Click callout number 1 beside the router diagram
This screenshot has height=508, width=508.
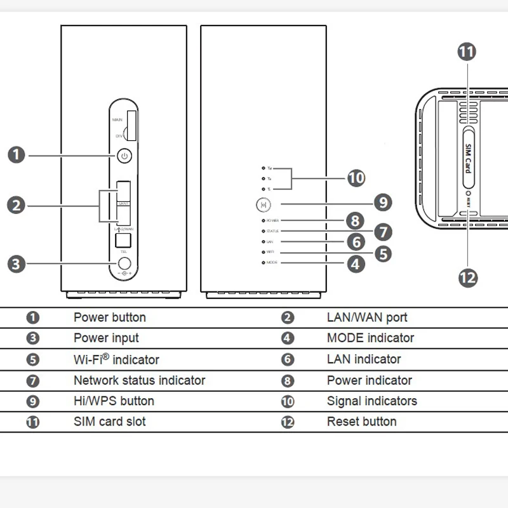(x=17, y=155)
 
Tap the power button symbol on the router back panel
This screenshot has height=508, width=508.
(x=124, y=155)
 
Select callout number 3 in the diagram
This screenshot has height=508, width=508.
(x=17, y=264)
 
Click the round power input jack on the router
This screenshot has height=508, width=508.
(x=124, y=264)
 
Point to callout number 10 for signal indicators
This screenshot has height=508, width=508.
(x=356, y=178)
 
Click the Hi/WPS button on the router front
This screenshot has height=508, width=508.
(x=263, y=205)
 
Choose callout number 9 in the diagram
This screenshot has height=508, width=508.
(x=382, y=203)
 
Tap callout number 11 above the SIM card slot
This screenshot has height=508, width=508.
(x=467, y=51)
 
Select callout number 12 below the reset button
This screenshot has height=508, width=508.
(x=467, y=277)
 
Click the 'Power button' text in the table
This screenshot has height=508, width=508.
(x=110, y=317)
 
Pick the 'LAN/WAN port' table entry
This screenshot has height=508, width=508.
(x=366, y=317)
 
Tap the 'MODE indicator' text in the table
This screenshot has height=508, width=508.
(x=370, y=338)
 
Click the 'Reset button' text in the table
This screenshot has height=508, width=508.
(x=361, y=422)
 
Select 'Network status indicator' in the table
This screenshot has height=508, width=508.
(x=139, y=380)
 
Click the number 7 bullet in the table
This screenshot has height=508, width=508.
(x=33, y=381)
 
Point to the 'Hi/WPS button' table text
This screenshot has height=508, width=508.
(x=114, y=401)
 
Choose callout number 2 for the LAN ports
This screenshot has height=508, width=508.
(x=17, y=205)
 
